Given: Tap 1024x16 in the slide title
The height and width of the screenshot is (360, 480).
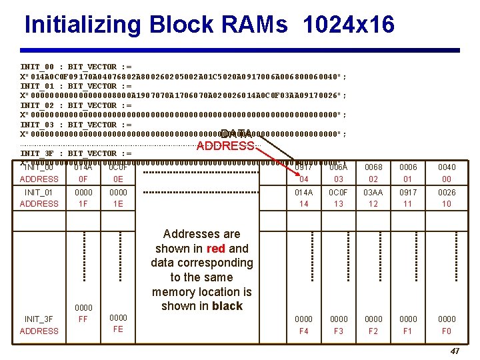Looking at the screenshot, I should click(x=348, y=25).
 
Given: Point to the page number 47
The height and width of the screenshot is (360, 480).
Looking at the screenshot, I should click(x=455, y=351).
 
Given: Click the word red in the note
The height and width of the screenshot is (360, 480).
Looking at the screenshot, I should click(x=217, y=249).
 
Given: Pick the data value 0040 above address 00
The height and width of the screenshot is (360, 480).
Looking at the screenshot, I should click(x=447, y=167).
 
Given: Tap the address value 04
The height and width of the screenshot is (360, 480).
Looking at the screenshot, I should click(x=303, y=179).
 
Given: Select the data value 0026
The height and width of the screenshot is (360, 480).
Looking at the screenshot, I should click(x=447, y=193).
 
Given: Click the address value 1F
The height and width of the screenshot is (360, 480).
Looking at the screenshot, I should click(x=83, y=204).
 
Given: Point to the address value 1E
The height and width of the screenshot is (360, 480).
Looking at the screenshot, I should click(x=119, y=204).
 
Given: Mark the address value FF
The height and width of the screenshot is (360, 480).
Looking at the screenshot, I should click(x=83, y=319).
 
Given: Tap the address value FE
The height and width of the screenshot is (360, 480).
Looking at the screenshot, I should click(x=119, y=329).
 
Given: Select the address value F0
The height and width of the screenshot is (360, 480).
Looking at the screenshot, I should click(x=447, y=331).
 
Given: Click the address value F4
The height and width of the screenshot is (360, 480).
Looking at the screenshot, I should click(x=303, y=331).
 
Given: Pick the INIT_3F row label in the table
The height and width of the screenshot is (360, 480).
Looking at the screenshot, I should click(x=39, y=319).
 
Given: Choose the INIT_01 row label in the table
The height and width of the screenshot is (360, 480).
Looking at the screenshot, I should click(x=39, y=193).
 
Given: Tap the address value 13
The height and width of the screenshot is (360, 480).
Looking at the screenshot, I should click(x=339, y=204).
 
